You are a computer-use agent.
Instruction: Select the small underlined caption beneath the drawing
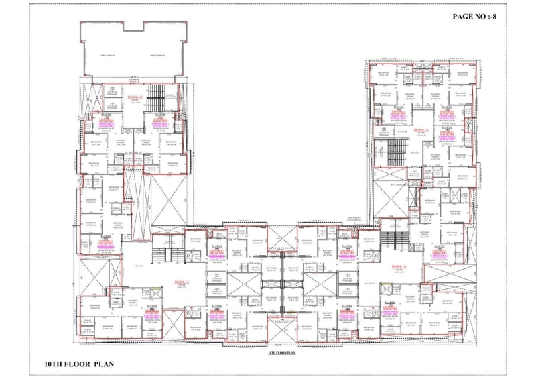[281, 353]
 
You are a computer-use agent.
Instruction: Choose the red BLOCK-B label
[401, 266]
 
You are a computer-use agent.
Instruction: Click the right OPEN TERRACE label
[158, 56]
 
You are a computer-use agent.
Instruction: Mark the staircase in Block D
[155, 94]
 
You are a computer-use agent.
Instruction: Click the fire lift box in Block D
[113, 91]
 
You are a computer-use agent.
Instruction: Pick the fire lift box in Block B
[348, 276]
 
